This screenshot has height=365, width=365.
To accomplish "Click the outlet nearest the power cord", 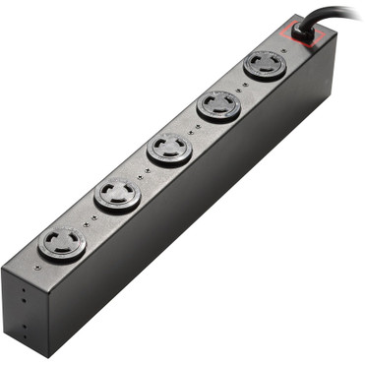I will [266, 65].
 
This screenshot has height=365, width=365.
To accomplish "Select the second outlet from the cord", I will [218, 105].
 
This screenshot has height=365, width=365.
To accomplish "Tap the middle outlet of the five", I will [169, 149].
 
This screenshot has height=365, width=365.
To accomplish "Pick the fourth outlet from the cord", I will [117, 195].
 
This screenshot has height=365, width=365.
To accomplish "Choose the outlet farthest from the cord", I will [62, 243].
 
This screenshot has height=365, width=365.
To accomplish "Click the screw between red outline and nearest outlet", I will [284, 46].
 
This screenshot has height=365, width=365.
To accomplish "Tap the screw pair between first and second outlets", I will [243, 85].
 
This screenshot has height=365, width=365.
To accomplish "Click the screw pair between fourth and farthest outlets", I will [90, 218].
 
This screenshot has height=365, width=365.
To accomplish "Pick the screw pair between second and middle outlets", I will [194, 127].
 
